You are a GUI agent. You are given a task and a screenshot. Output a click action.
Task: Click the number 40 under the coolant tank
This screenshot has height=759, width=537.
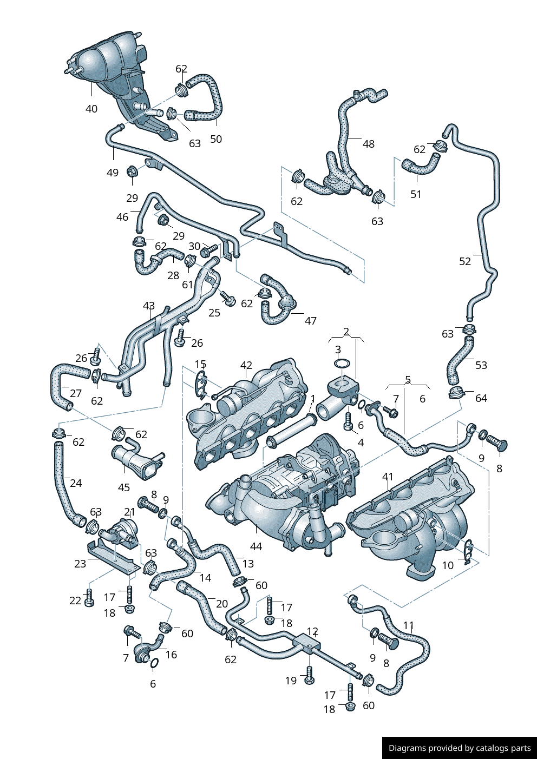pos(91,109)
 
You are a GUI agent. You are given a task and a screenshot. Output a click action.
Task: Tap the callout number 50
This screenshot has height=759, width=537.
pos(216,139)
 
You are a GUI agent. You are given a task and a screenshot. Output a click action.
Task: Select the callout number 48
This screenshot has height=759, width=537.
pos(369,144)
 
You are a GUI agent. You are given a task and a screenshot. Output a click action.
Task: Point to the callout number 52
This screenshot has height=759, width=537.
pos(465,261)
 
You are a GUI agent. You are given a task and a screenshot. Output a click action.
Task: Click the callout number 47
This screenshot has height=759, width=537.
pos(311,321)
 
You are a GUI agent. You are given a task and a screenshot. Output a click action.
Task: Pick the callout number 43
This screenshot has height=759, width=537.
pos(149,306)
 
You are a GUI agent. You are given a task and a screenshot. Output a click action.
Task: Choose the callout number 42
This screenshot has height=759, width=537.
pos(246,365)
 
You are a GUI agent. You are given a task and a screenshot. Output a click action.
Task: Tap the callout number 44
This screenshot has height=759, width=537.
pos(256,546)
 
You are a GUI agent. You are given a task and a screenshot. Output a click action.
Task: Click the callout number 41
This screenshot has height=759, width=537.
pos(388,477)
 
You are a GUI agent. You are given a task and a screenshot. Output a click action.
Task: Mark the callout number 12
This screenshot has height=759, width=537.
pos(312,631)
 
